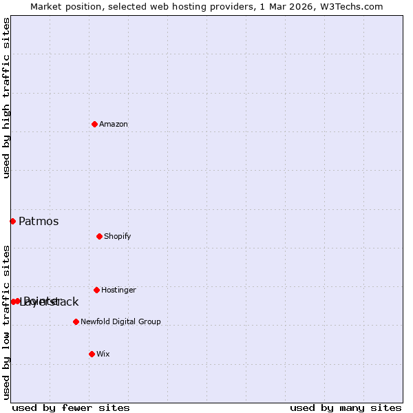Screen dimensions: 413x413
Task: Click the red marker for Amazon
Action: tap(94, 124)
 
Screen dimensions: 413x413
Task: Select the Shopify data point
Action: tap(99, 236)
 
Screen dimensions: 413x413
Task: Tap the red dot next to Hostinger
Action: tap(96, 290)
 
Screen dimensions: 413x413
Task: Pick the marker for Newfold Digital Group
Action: tap(76, 321)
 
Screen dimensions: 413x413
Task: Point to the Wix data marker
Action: tap(92, 354)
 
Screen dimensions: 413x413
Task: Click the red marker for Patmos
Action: tap(12, 221)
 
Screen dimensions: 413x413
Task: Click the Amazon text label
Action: tap(114, 124)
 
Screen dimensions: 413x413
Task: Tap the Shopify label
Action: tap(118, 236)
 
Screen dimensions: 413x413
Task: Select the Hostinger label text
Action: tap(118, 290)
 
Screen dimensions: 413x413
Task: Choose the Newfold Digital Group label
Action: tap(120, 321)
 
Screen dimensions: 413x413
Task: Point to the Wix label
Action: tap(103, 354)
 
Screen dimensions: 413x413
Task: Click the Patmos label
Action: tap(39, 221)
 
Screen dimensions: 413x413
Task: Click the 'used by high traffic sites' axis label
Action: tap(6, 98)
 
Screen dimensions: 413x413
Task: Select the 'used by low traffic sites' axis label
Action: tap(6, 321)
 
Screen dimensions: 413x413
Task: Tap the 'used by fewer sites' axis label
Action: tap(71, 407)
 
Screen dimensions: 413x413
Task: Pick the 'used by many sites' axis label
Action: tap(346, 407)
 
